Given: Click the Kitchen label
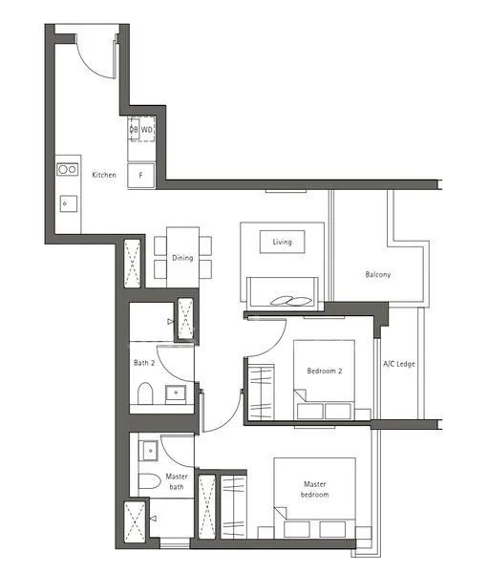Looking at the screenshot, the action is [x=104, y=175].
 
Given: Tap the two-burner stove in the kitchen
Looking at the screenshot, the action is [x=68, y=169].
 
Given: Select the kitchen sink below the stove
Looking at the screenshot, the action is [x=69, y=203].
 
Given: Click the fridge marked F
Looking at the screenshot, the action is [x=140, y=176].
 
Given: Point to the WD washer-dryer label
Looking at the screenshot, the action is [x=146, y=130].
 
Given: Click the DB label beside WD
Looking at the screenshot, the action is [x=134, y=130].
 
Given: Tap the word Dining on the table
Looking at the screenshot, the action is [x=182, y=258].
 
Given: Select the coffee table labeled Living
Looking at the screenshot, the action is [x=282, y=242].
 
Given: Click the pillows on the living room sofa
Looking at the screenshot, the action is [x=291, y=301].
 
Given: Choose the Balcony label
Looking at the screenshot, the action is [x=378, y=274].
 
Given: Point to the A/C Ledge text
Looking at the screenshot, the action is [x=399, y=364].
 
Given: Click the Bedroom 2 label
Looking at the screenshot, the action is [x=325, y=371].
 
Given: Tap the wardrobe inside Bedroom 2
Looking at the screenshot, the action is [x=261, y=393].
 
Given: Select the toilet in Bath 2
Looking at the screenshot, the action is [x=145, y=393].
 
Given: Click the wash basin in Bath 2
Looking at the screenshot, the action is [x=176, y=394].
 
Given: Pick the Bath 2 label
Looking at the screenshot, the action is [x=144, y=363].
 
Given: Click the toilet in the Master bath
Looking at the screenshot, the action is [x=150, y=481].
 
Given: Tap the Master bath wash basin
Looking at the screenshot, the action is [x=148, y=451].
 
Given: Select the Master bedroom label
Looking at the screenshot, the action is [x=315, y=489].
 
